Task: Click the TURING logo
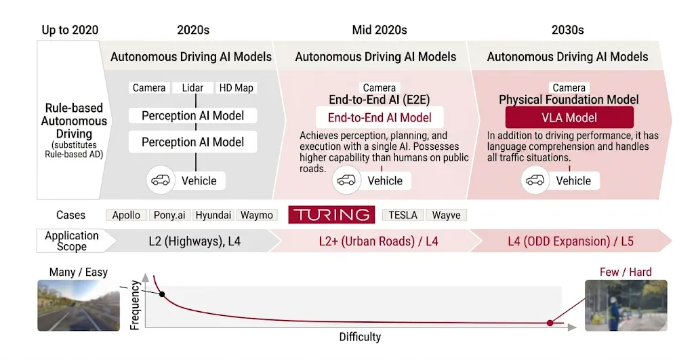click(x=331, y=215)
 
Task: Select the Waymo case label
click(x=257, y=215)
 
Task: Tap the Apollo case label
click(x=126, y=215)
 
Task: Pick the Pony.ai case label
click(x=169, y=215)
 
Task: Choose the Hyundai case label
click(x=213, y=215)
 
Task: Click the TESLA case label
click(x=403, y=215)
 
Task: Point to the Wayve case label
click(x=446, y=215)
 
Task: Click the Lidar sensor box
click(x=192, y=88)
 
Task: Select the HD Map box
click(x=236, y=88)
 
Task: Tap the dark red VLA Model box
click(x=569, y=117)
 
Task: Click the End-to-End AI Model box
click(x=380, y=117)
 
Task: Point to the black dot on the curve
click(x=161, y=294)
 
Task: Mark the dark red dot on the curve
click(x=550, y=323)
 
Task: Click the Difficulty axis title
click(x=360, y=337)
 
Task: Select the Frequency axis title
click(x=134, y=304)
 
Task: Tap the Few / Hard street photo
click(x=626, y=305)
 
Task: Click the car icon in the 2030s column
click(x=535, y=180)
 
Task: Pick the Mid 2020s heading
click(x=380, y=30)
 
